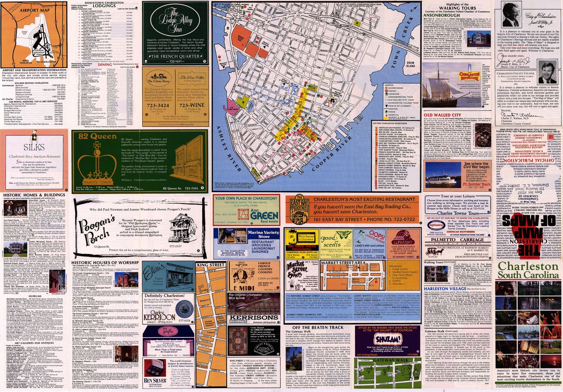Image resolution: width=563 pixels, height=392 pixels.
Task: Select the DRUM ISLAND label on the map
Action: (410, 64)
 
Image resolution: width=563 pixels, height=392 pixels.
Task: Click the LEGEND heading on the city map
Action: (389, 85)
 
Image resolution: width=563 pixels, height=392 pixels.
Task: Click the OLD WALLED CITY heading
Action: (442, 115)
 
